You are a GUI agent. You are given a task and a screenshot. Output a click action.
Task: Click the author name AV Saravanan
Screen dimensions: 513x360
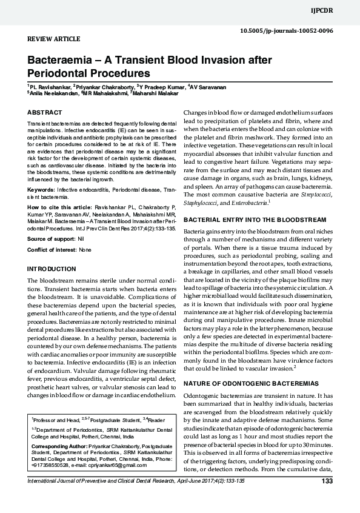(x=209, y=87)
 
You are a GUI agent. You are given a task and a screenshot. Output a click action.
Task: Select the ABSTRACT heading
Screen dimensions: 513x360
(x=45, y=113)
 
